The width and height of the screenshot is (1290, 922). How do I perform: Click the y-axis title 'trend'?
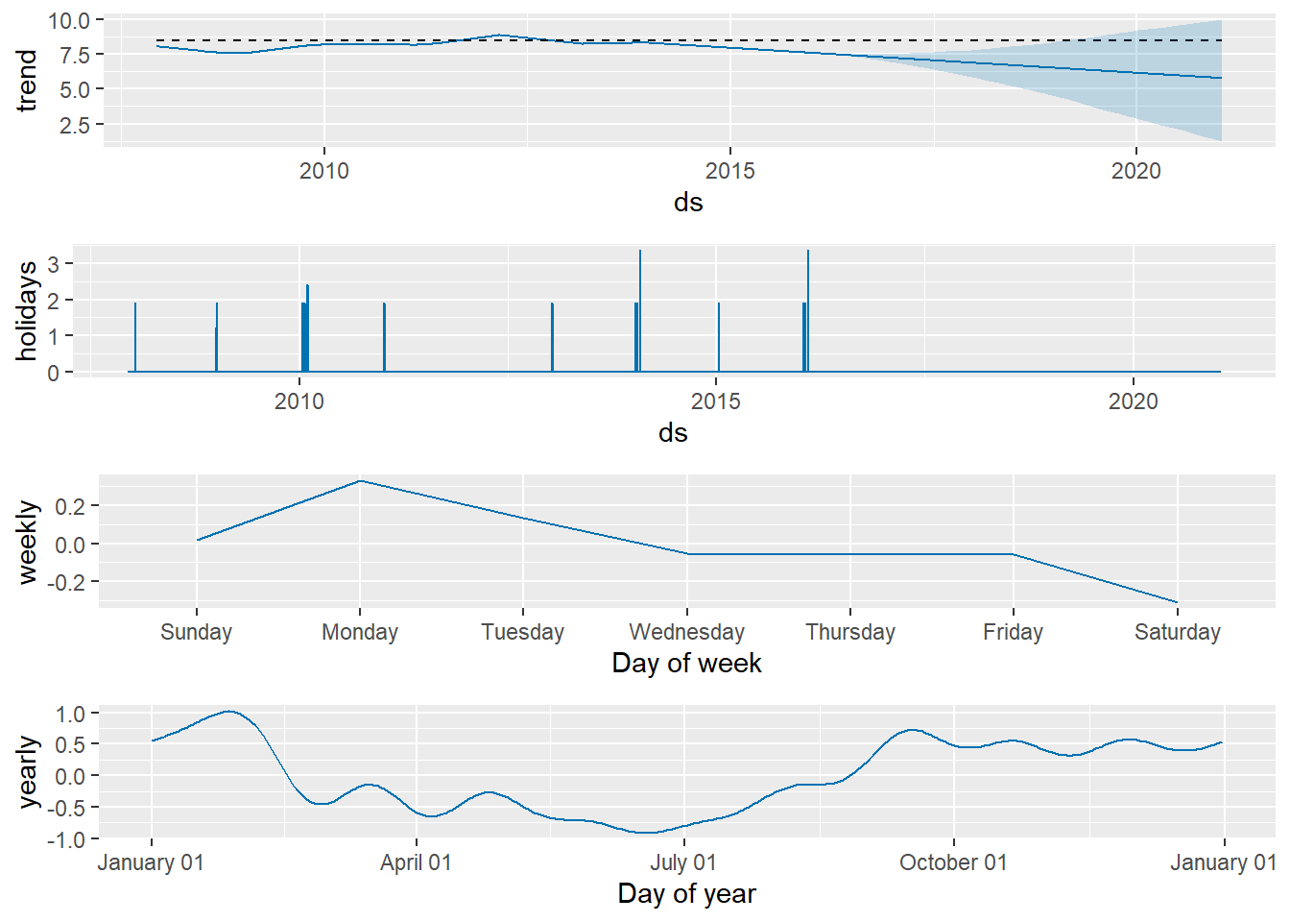coord(27,81)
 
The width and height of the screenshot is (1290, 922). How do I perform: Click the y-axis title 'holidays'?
coord(27,311)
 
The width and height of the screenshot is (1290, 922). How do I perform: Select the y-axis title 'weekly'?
coord(27,542)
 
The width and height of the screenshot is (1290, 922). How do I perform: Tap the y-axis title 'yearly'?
coord(27,772)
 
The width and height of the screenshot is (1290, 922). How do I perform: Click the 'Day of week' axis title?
coord(686,664)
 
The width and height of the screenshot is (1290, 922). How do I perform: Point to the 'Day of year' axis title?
coord(686,894)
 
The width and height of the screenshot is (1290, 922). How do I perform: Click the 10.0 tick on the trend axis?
coord(69,20)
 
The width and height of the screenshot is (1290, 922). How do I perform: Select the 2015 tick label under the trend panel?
coord(729,171)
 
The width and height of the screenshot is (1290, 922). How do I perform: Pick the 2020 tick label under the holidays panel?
coord(1134,401)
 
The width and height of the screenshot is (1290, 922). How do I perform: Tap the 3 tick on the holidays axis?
coord(55,264)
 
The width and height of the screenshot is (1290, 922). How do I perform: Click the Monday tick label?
coord(360,632)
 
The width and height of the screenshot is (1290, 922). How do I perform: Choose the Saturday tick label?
coord(1177,632)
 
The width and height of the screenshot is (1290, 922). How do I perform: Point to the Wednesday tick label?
coord(686,632)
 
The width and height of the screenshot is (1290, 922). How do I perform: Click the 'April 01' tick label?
coord(416,862)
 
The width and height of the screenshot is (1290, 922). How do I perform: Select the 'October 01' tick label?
coord(953,862)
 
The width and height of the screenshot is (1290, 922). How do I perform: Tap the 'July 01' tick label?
coord(683,862)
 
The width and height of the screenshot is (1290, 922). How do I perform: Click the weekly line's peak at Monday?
coord(360,481)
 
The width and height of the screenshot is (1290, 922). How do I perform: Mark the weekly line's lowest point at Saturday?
coord(1177,602)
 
